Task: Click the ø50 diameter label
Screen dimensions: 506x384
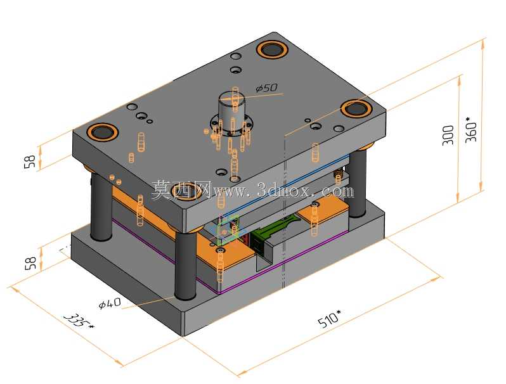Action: (266, 87)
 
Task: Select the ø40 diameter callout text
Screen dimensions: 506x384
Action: (110, 303)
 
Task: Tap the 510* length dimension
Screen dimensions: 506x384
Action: (330, 319)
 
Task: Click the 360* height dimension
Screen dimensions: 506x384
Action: (472, 129)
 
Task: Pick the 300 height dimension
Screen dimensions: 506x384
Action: (448, 136)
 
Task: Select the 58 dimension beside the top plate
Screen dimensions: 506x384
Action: (30, 162)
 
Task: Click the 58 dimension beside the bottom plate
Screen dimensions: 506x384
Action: (30, 263)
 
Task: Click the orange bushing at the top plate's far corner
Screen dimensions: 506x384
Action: (273, 49)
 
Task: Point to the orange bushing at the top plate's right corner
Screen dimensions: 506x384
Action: (356, 108)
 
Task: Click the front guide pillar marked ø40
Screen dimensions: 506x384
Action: (186, 265)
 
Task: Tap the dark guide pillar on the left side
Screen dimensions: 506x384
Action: (101, 207)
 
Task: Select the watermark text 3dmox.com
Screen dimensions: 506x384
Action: (305, 191)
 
